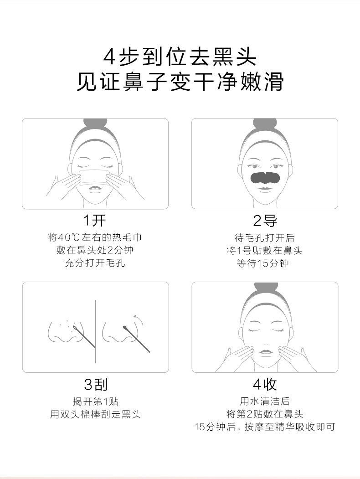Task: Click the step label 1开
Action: coord(95,221)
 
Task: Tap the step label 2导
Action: coord(265,221)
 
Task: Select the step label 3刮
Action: coord(96,384)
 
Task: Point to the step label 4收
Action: coord(265,384)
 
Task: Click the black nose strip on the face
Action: coord(265,177)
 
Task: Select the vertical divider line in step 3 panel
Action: coord(95,331)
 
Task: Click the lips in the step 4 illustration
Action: coord(265,352)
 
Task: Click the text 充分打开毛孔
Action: coord(95,263)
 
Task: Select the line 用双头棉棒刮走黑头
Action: coord(95,414)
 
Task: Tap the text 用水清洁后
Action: coord(265,401)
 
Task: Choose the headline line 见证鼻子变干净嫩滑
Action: coord(180,82)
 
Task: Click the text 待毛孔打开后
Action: coord(264,237)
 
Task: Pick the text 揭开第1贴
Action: coord(96,401)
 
